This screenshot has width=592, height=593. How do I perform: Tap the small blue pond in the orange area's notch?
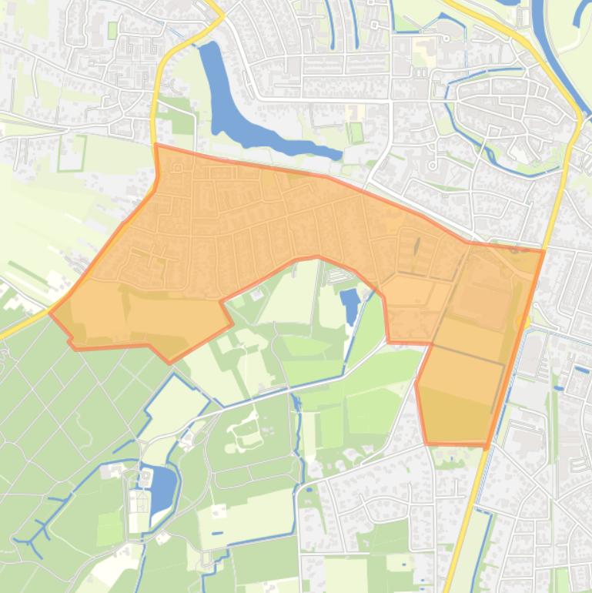point(350,304)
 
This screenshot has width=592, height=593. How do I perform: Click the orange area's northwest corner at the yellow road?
point(156,146)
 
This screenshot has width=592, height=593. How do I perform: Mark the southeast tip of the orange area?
point(486,445)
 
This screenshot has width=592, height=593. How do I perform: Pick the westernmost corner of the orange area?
point(51,313)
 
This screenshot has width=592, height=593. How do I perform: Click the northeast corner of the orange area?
point(544,251)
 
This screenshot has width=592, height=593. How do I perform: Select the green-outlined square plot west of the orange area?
point(72,153)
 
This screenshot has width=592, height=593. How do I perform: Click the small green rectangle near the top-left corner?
point(113,30)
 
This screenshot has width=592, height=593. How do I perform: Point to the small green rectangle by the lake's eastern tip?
point(356,132)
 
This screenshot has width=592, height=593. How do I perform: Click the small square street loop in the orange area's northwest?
point(177,167)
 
